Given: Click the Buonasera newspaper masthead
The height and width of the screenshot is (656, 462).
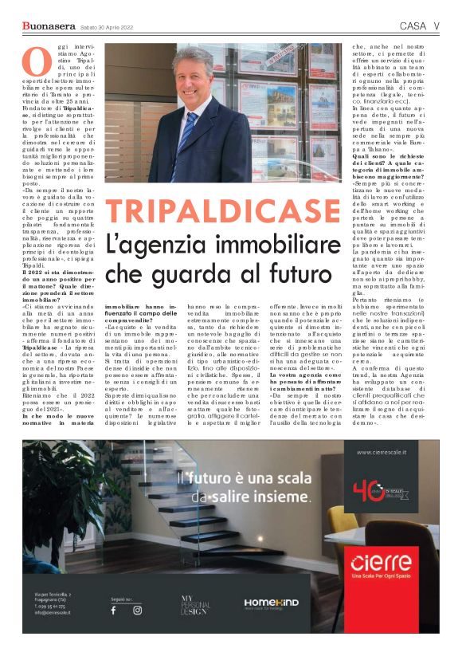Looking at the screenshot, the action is coord(48,27).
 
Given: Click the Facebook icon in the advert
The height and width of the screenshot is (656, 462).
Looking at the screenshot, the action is coord(113,610).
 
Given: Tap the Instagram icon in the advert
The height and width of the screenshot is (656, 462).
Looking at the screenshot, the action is coord(137,610).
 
